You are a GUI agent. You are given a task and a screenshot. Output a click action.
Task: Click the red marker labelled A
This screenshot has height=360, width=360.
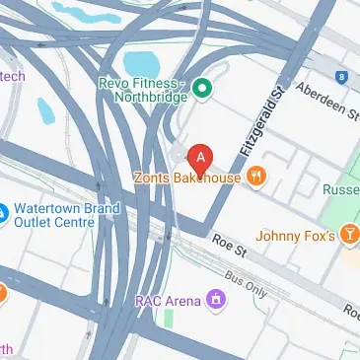pyautogui.click(x=202, y=158)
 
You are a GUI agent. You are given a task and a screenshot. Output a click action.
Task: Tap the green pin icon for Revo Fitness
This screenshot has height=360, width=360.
pyautogui.click(x=203, y=90)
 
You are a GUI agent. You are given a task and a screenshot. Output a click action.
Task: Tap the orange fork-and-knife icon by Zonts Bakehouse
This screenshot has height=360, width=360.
pyautogui.click(x=257, y=178)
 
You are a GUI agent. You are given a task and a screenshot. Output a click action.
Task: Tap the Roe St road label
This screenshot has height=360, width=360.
pyautogui.click(x=230, y=243)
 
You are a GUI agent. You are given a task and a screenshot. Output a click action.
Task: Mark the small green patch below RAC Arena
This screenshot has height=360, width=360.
pyautogui.click(x=169, y=321)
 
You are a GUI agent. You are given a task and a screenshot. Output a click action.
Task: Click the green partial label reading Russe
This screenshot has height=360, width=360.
pyautogui.click(x=340, y=187)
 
